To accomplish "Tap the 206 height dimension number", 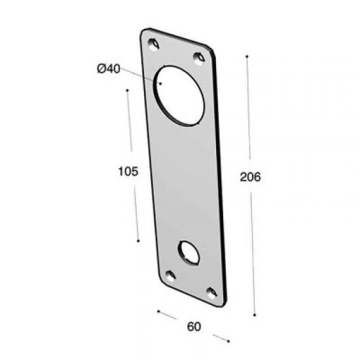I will [x=251, y=177].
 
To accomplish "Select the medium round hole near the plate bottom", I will [x=190, y=252].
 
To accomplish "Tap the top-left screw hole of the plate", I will [x=155, y=44].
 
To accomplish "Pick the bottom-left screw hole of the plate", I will [x=171, y=274].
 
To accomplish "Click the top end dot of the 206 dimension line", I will [x=246, y=57].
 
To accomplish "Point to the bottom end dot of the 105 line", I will [x=138, y=241].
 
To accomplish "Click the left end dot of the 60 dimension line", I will [x=157, y=309].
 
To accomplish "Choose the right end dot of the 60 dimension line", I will [x=229, y=340].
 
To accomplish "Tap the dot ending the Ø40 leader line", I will [x=160, y=83].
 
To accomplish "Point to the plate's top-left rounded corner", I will [x=143, y=32].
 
